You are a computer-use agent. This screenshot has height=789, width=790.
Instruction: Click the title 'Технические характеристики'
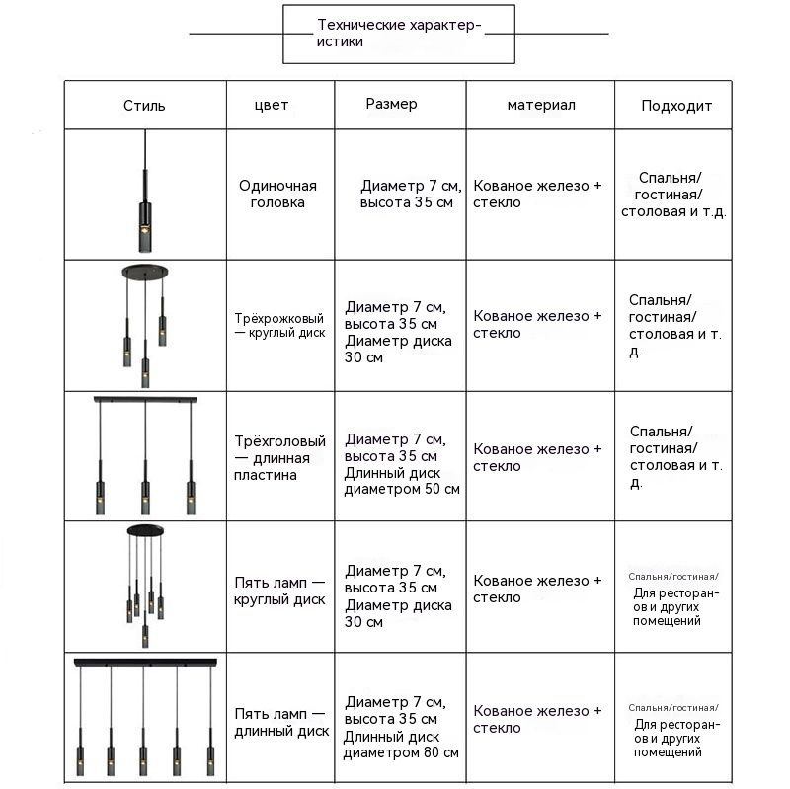pyautogui.click(x=399, y=33)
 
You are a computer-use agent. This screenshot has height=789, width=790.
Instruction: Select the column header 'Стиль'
pyautogui.click(x=144, y=106)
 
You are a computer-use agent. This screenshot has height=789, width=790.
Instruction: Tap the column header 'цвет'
pyautogui.click(x=271, y=105)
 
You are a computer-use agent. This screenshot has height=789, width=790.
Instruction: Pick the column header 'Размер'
pyautogui.click(x=391, y=104)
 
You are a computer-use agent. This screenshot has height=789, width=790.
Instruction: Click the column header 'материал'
pyautogui.click(x=541, y=105)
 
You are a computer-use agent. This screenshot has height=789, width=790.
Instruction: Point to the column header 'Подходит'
pyautogui.click(x=676, y=106)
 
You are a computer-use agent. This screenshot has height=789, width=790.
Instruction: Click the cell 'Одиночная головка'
pyautogui.click(x=277, y=194)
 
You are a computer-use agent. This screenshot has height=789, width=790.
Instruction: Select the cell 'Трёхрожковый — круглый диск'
pyautogui.click(x=279, y=326)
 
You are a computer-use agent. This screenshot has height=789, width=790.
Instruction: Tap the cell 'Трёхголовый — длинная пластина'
pyautogui.click(x=279, y=458)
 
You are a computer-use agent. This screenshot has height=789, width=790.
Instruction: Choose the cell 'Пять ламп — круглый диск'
pyautogui.click(x=279, y=591)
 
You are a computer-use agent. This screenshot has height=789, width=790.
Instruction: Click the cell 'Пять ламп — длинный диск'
pyautogui.click(x=281, y=722)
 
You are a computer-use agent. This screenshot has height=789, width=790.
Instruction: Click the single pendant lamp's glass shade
pyautogui.click(x=145, y=234)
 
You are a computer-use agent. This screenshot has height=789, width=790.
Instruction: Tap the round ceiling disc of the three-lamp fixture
pyautogui.click(x=145, y=272)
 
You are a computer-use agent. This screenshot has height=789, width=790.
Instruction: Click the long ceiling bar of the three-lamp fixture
pyautogui.click(x=145, y=400)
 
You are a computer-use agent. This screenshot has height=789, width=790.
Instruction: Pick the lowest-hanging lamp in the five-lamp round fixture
pyautogui.click(x=145, y=636)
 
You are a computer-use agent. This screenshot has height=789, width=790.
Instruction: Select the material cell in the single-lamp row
pyautogui.click(x=537, y=194)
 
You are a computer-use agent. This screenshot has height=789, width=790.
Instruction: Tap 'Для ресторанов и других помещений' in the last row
pyautogui.click(x=676, y=738)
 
